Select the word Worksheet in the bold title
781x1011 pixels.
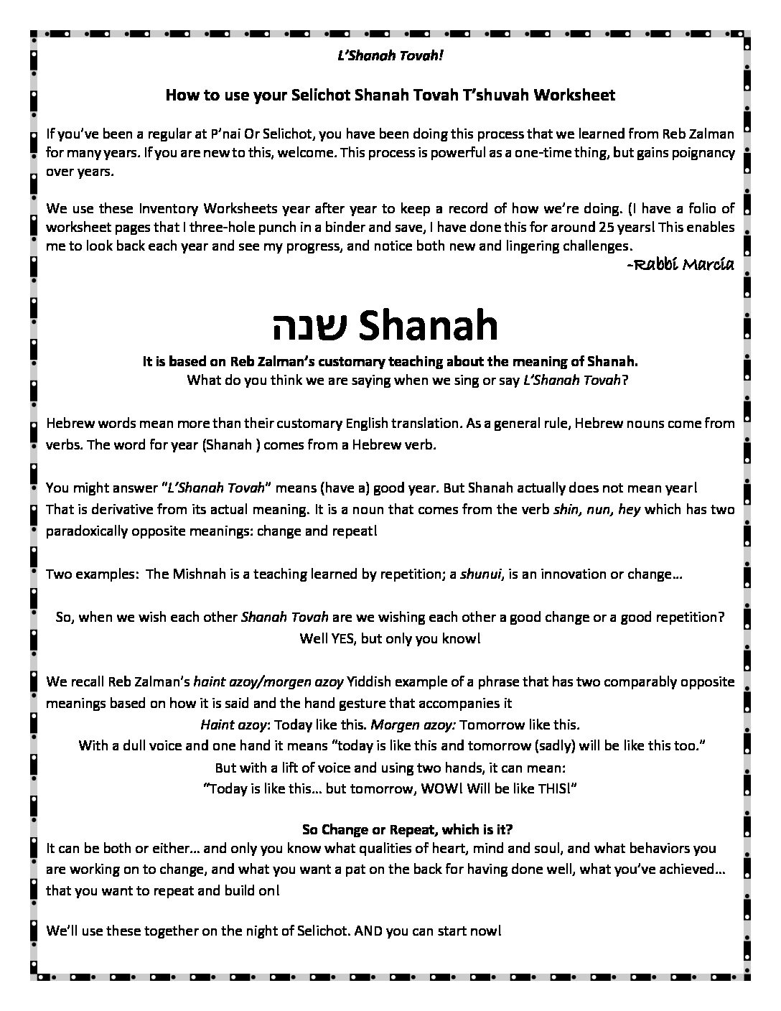point(578,95)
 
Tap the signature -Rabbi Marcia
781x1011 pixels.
point(680,265)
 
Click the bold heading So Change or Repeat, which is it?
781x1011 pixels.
point(408,829)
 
